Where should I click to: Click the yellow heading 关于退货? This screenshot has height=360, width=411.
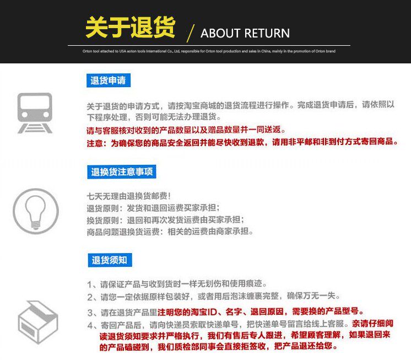pos(130,28)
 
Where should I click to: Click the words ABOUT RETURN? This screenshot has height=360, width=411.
pos(245,33)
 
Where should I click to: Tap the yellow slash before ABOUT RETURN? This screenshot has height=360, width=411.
pos(191,34)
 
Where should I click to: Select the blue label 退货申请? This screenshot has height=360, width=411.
pos(108,81)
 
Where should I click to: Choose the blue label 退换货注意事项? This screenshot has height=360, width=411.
pos(123,172)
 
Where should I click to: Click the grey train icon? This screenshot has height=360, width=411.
pos(35,112)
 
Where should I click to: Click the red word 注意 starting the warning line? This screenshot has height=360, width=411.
pos(94,142)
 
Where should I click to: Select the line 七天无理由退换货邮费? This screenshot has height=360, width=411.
pos(128,196)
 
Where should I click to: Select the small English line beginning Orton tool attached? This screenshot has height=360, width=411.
pos(209,51)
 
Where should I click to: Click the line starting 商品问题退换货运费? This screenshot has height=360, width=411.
pos(170,232)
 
